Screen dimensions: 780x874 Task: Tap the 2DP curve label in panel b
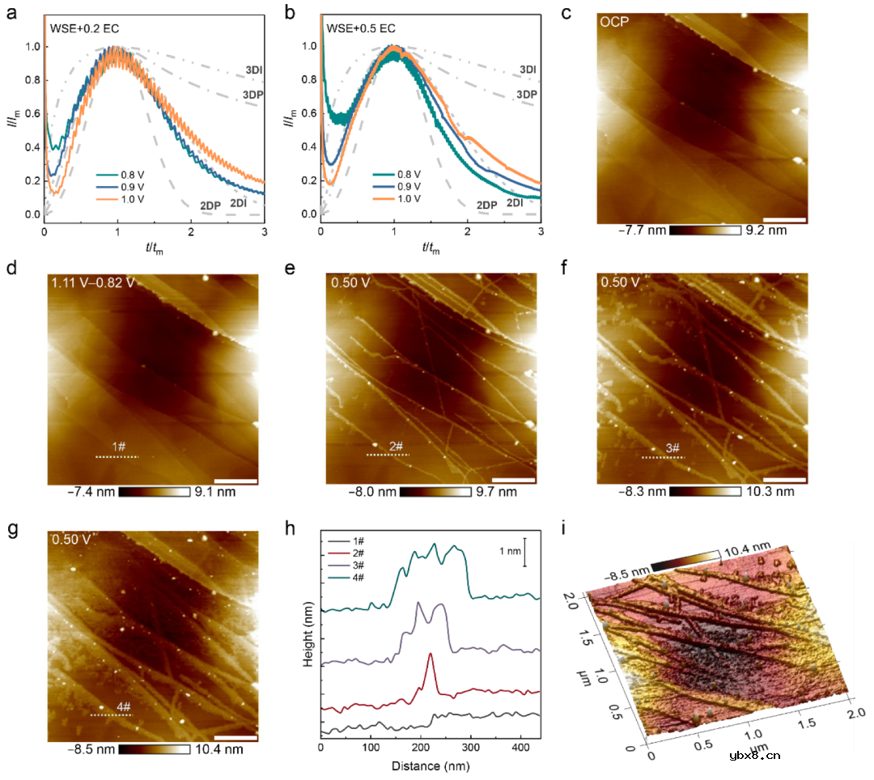pyautogui.click(x=486, y=206)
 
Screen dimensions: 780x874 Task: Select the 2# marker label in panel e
pyautogui.click(x=395, y=446)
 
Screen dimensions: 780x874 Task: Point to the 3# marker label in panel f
pyautogui.click(x=671, y=446)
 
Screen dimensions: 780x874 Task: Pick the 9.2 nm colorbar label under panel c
pyautogui.click(x=766, y=231)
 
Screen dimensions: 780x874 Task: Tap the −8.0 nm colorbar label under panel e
pyautogui.click(x=374, y=491)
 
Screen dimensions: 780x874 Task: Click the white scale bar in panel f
pyautogui.click(x=784, y=478)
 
